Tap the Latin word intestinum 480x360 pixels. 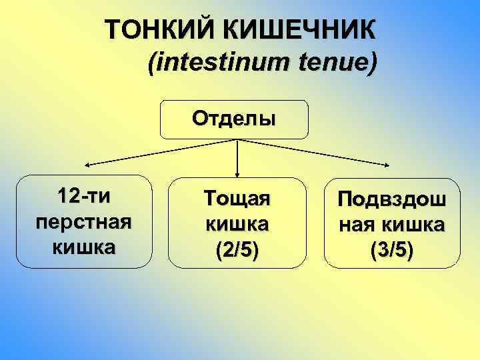(x=219, y=63)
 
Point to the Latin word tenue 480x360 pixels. (x=333, y=63)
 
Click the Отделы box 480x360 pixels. (x=233, y=119)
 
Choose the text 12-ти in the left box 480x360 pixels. (x=84, y=198)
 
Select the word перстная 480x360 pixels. (x=84, y=222)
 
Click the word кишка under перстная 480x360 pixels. (x=84, y=246)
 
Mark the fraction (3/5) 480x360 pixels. (x=393, y=250)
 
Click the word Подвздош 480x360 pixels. (x=393, y=200)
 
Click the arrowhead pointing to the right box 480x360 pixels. (x=389, y=165)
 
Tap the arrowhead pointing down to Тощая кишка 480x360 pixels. (x=238, y=172)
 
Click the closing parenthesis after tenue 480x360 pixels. (x=371, y=63)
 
